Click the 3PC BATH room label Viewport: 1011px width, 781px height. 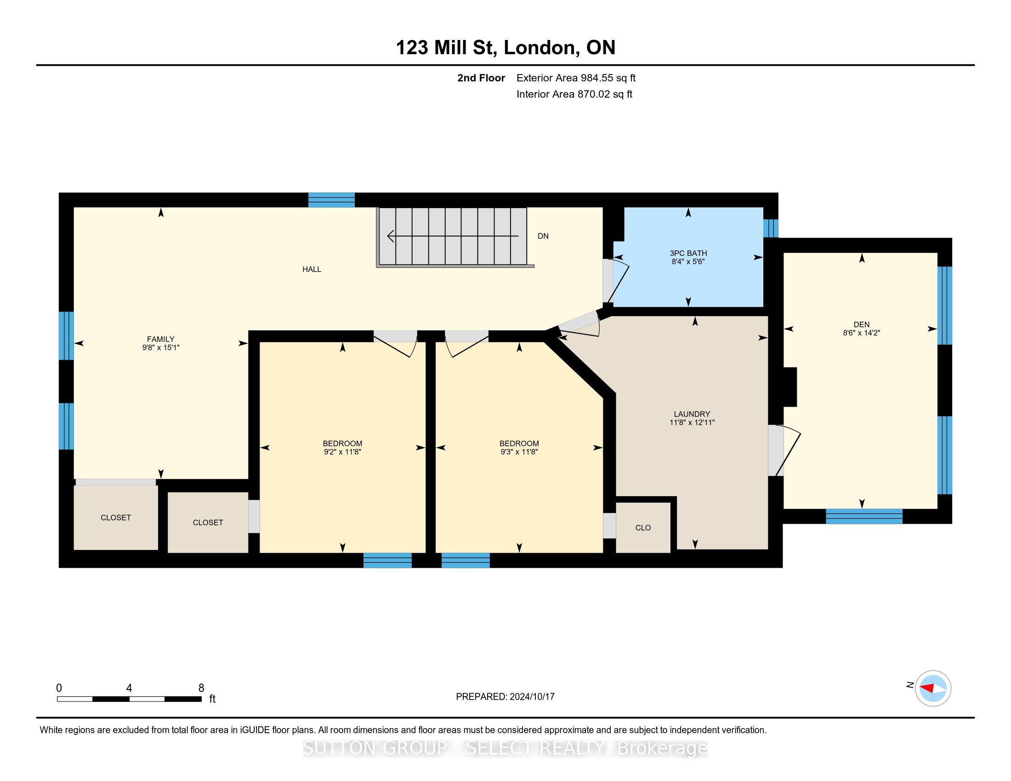pyautogui.click(x=688, y=253)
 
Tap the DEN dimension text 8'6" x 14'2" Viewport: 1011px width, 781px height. pyautogui.click(x=862, y=333)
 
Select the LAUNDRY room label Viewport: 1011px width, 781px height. pyautogui.click(x=692, y=414)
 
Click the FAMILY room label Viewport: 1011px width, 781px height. pyautogui.click(x=161, y=339)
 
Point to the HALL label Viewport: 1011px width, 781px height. pyautogui.click(x=312, y=269)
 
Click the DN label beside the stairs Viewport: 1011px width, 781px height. pyautogui.click(x=543, y=236)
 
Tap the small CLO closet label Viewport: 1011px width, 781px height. pyautogui.click(x=643, y=527)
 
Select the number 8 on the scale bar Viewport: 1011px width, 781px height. pyautogui.click(x=201, y=688)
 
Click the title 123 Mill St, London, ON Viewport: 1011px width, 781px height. pyautogui.click(x=505, y=48)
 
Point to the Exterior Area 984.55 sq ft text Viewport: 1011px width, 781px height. pyautogui.click(x=576, y=78)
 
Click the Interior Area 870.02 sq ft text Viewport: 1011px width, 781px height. pyautogui.click(x=574, y=94)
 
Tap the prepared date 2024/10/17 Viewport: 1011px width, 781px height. pyautogui.click(x=531, y=697)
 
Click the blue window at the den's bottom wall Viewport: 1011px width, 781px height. pyautogui.click(x=864, y=516)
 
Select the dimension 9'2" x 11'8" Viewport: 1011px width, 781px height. pyautogui.click(x=342, y=452)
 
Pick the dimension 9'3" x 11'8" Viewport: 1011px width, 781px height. pyautogui.click(x=519, y=452)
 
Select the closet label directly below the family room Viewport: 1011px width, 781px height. pyautogui.click(x=116, y=518)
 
